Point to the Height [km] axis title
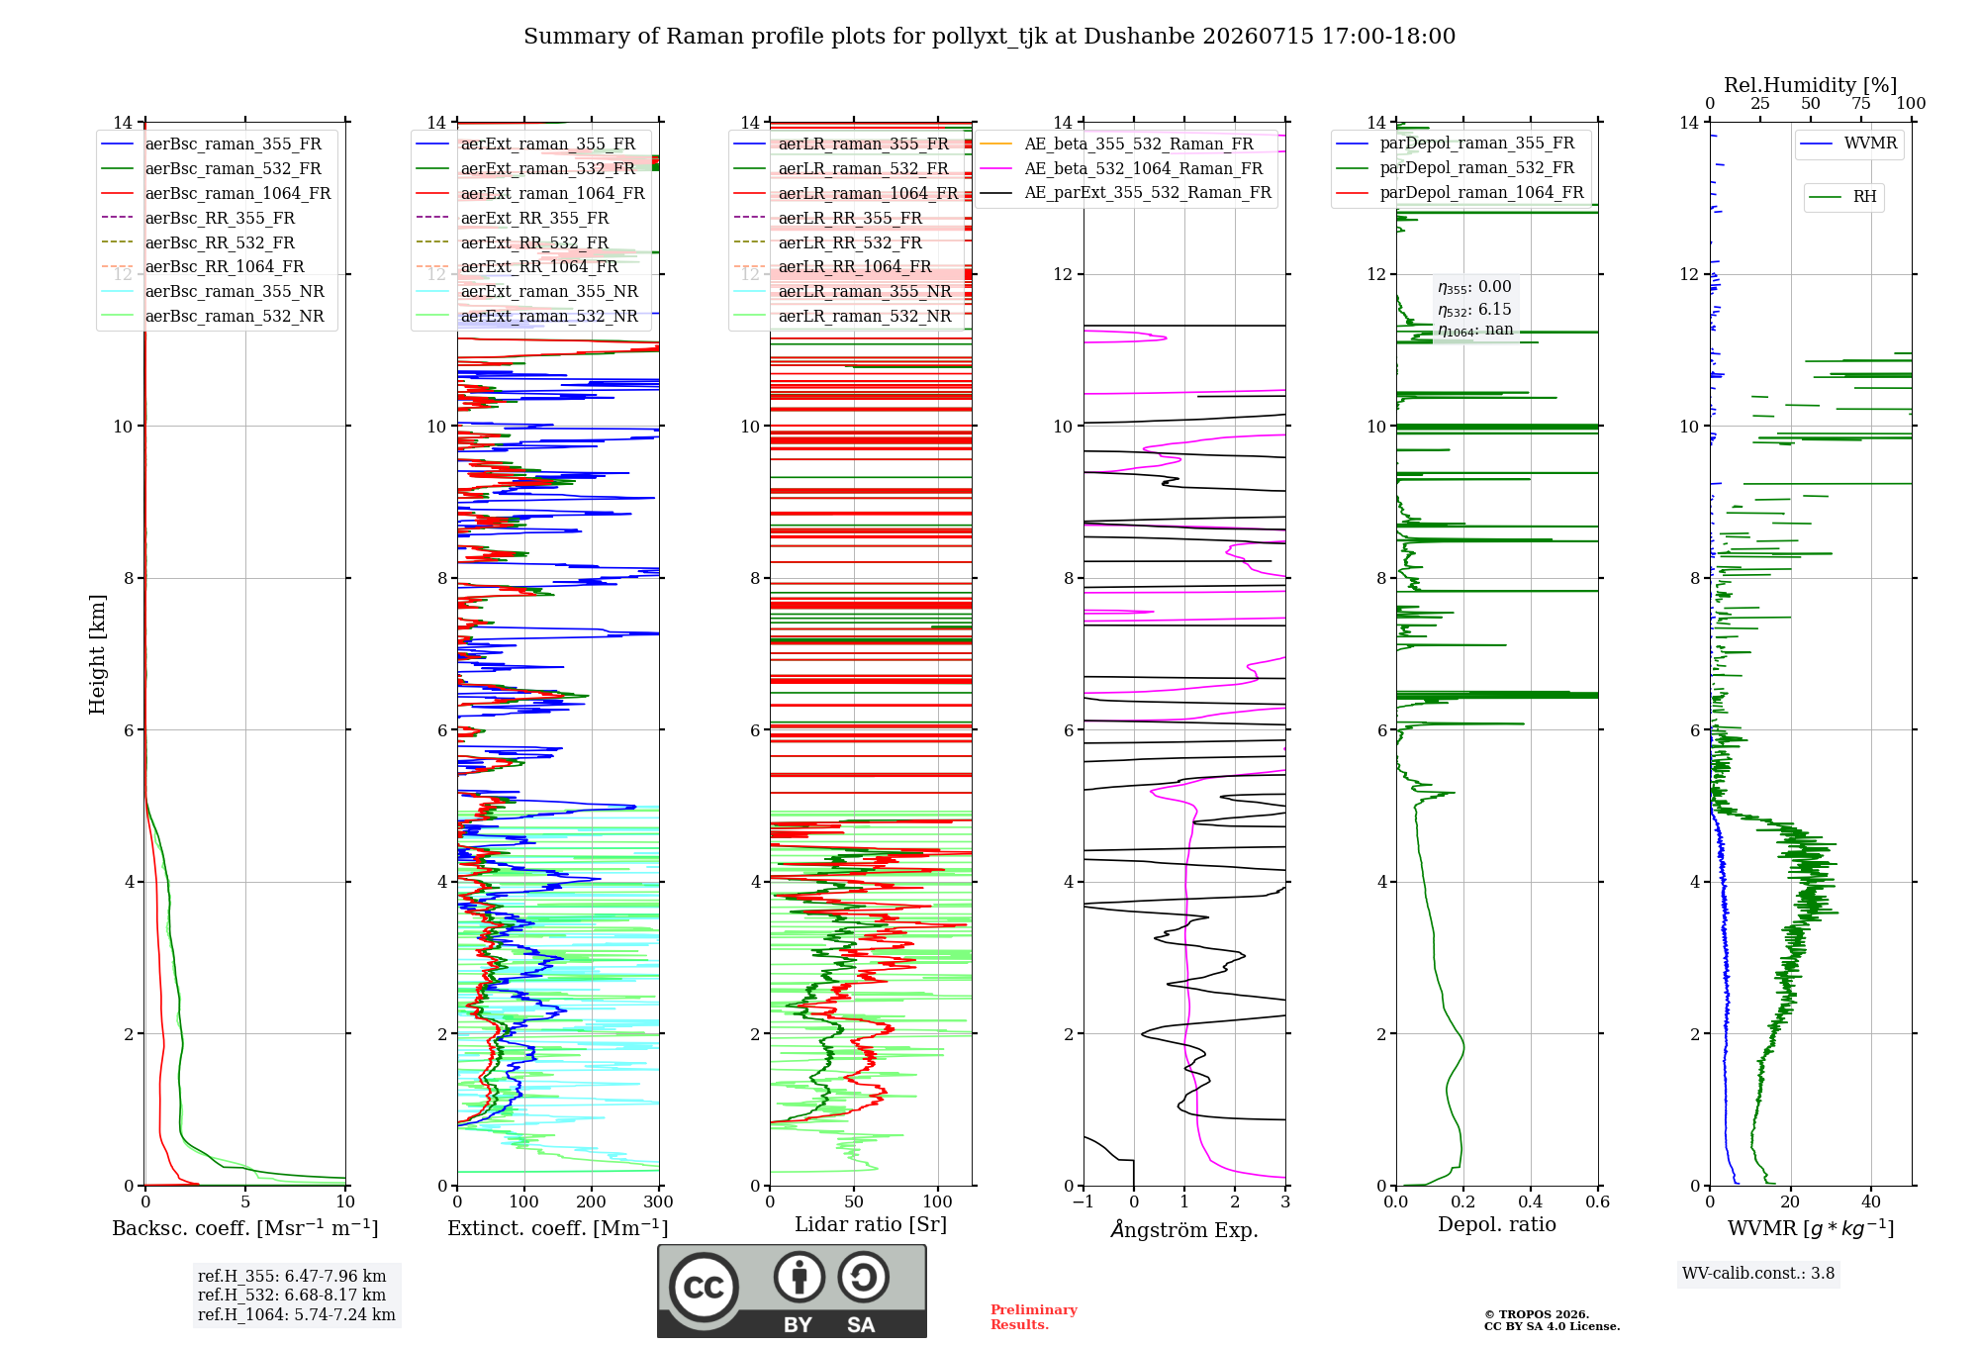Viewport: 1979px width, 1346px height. tap(97, 654)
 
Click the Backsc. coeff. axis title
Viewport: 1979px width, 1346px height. tap(245, 1228)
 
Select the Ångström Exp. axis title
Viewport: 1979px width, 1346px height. tap(1184, 1229)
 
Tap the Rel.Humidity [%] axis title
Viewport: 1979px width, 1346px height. tap(1811, 85)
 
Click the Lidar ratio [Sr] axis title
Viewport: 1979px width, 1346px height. tap(871, 1224)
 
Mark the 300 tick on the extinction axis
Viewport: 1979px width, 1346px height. tap(658, 1202)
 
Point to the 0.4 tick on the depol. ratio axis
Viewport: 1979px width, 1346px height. tap(1531, 1202)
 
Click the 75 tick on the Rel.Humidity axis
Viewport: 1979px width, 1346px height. tap(1861, 104)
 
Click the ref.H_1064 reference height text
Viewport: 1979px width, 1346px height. tap(297, 1314)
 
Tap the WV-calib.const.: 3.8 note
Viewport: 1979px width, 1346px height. tap(1758, 1274)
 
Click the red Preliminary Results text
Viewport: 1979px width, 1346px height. tap(1034, 1317)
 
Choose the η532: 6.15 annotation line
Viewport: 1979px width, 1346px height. tap(1474, 310)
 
